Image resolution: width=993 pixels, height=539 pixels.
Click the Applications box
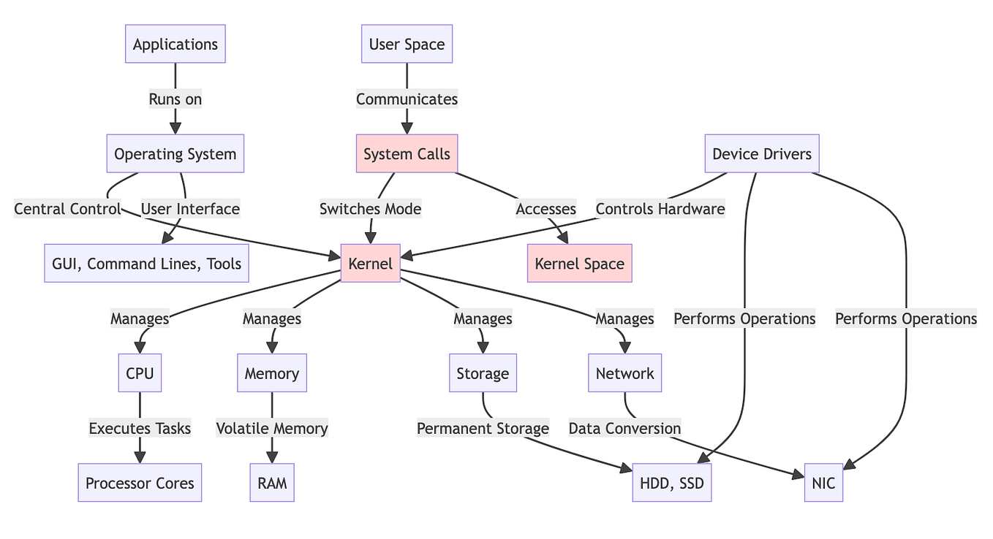175,44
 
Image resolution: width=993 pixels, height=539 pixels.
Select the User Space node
407,44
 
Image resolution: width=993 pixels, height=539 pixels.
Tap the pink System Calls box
407,153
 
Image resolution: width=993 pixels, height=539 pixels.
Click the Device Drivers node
761,153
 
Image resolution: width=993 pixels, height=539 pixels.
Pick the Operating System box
175,153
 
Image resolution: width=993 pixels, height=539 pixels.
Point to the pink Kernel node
371,263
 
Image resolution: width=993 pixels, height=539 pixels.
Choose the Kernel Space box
579,263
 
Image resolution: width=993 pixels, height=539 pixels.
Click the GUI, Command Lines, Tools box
147,263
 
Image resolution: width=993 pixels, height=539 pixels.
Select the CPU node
140,373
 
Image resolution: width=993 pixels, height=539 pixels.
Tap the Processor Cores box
140,483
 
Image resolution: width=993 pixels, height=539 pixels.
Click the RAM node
272,483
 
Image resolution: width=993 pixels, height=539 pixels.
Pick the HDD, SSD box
671,483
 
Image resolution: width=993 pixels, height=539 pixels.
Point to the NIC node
823,483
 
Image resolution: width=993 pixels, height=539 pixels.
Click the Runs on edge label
175,99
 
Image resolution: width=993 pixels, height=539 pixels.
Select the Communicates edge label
407,99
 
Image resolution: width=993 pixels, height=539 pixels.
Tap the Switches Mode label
371,209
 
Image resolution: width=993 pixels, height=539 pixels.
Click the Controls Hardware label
660,209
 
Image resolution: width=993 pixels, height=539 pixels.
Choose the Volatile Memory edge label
272,428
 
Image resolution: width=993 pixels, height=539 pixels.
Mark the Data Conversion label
624,428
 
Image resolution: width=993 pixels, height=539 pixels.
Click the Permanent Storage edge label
483,428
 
